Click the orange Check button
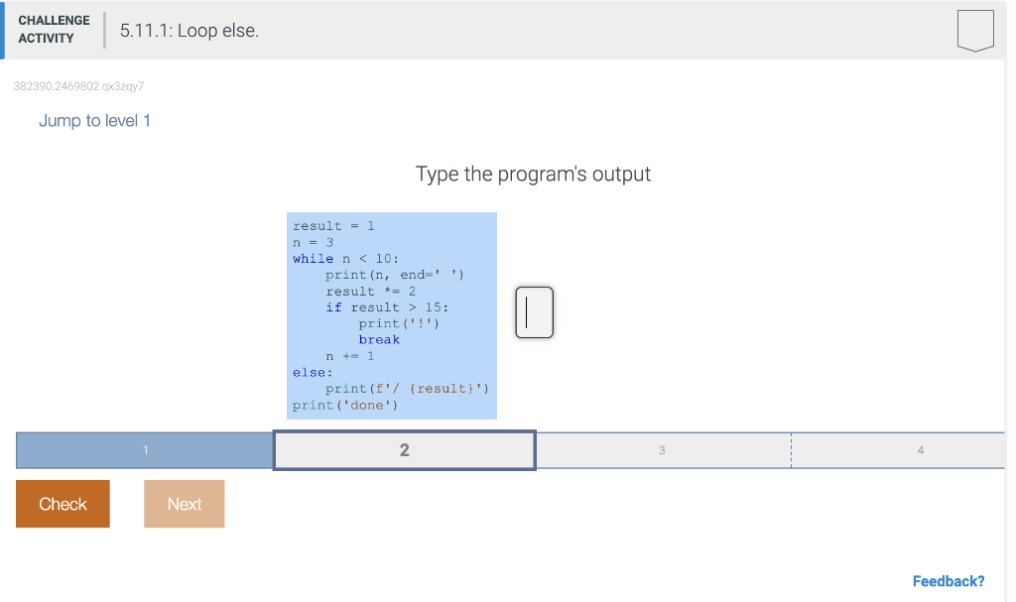(63, 504)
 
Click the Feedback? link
(948, 581)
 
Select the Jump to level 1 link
(94, 121)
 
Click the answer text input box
(534, 312)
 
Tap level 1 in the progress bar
(145, 450)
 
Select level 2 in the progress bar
(404, 450)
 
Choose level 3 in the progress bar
(662, 450)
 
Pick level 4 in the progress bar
(920, 450)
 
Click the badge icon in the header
(974, 31)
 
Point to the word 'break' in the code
(379, 339)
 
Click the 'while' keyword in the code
(313, 259)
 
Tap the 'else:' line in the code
(313, 372)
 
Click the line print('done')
(345, 405)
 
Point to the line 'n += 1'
(350, 356)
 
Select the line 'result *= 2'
(370, 291)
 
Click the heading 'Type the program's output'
(533, 175)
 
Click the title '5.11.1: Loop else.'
(189, 31)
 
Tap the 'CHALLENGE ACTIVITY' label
(54, 30)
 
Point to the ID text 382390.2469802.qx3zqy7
(79, 86)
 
